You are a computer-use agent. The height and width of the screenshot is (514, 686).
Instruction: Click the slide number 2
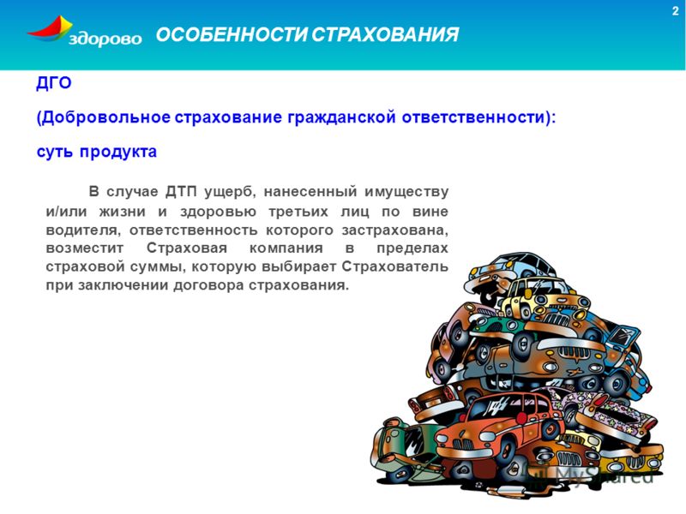pos(675,11)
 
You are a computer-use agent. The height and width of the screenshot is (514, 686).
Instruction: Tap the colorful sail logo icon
pos(49,29)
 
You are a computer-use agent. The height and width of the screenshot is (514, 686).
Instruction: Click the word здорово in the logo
pos(105,39)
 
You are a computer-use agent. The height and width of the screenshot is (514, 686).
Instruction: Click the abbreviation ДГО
pos(54,82)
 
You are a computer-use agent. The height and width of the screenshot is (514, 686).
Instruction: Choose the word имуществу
pos(406,192)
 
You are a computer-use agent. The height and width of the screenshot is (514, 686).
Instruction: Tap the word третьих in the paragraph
pos(298,212)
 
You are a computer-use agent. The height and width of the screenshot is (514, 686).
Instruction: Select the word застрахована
pos(394,230)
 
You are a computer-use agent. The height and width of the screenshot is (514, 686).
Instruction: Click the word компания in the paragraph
pos(286,248)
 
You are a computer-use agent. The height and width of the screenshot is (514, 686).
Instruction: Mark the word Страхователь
pos(395,266)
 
